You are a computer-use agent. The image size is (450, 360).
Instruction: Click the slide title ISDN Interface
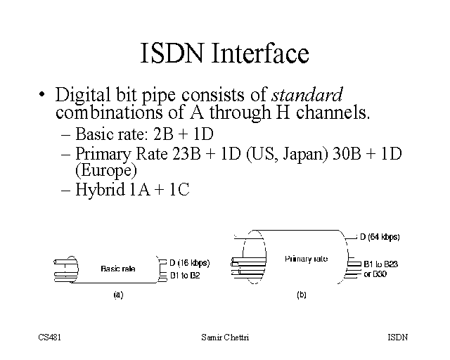click(x=224, y=54)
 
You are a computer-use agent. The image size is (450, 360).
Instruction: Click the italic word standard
click(x=307, y=94)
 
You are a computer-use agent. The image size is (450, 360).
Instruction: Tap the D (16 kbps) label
click(x=190, y=263)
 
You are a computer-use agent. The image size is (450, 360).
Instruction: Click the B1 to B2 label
click(x=186, y=275)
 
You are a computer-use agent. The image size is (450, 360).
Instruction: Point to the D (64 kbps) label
click(x=380, y=237)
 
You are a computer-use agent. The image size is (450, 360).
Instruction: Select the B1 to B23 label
click(x=380, y=264)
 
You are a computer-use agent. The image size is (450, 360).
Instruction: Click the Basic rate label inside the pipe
click(x=118, y=268)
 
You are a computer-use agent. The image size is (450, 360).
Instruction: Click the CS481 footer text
click(x=50, y=337)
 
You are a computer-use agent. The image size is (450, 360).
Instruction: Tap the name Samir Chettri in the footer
click(x=224, y=337)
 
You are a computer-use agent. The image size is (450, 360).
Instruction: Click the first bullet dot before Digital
click(x=44, y=94)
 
